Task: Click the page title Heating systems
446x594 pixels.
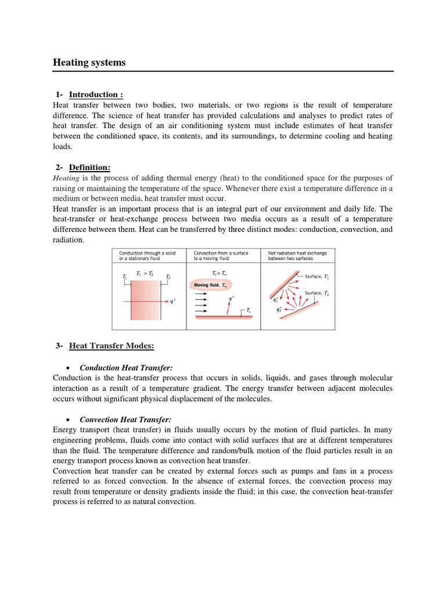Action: coord(89,63)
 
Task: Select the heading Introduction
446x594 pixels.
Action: coord(96,95)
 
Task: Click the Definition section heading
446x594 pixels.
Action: coord(89,168)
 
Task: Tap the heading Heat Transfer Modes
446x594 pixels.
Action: coord(111,346)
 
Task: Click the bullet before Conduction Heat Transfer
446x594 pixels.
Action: coord(70,368)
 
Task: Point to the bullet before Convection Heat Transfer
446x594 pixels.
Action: coord(70,420)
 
